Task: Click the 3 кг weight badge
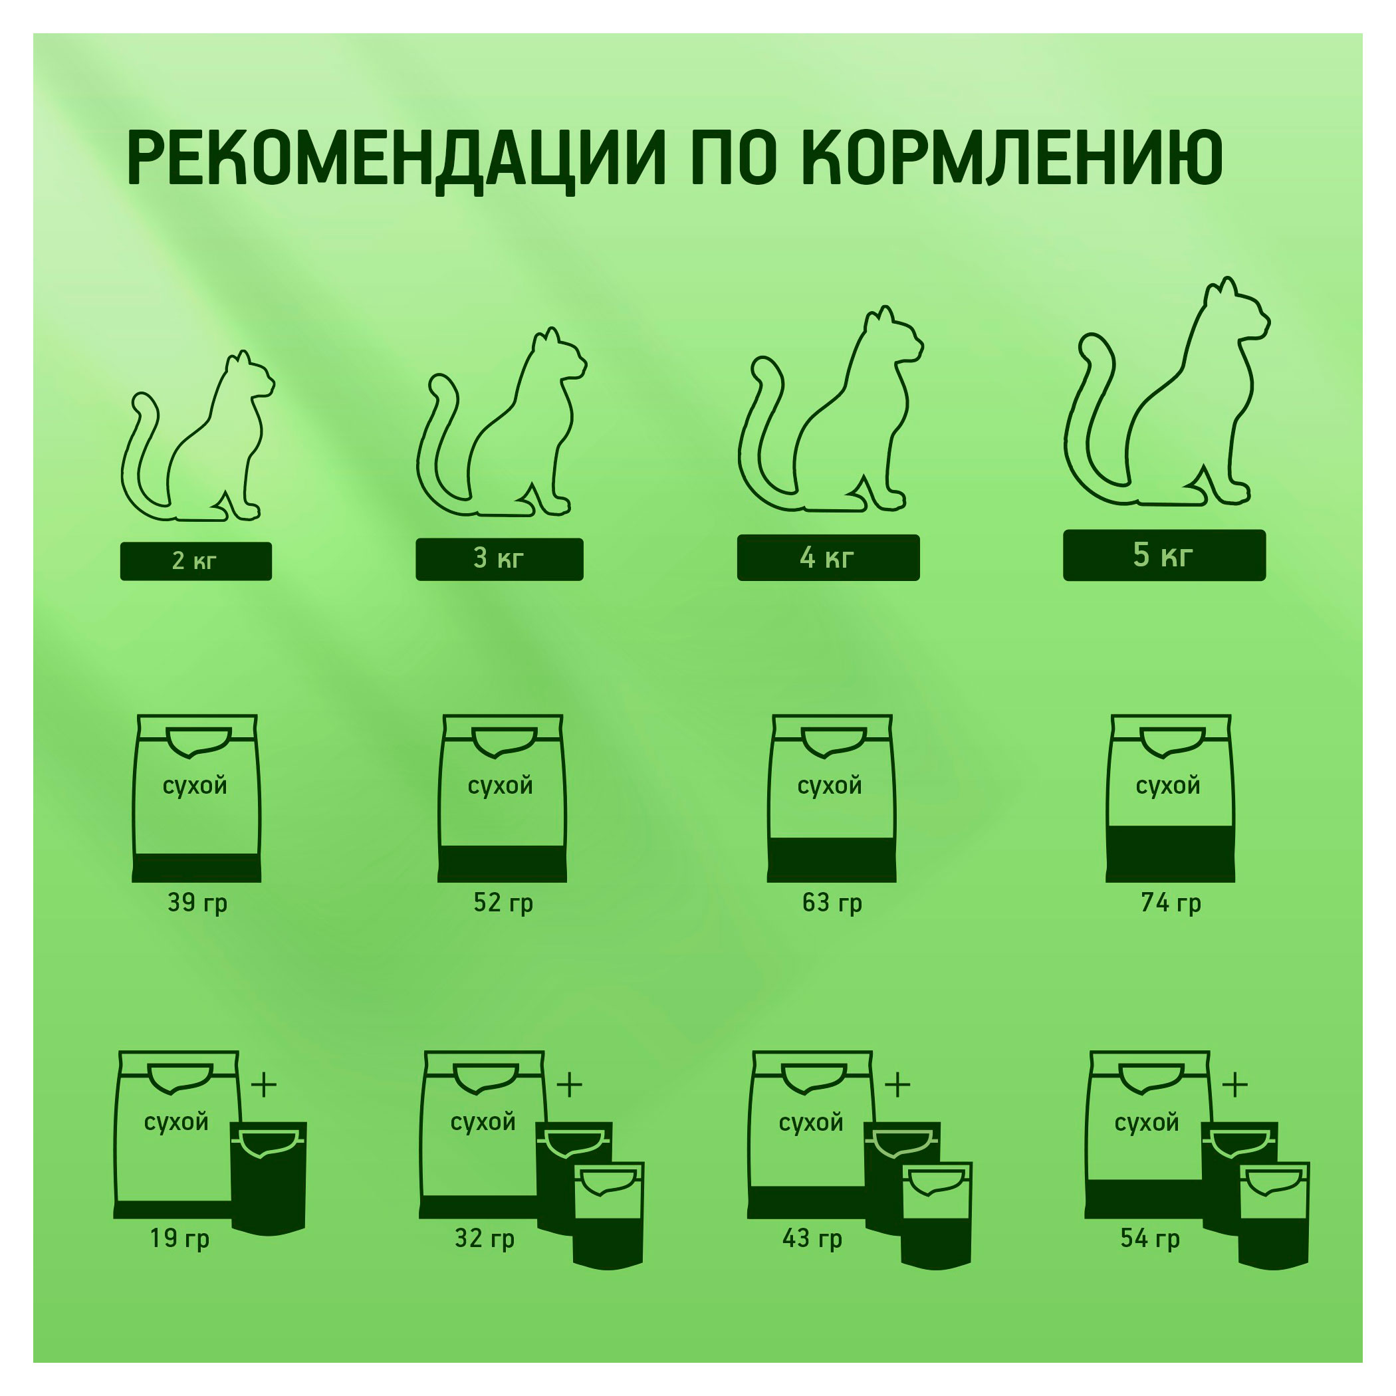click(x=499, y=558)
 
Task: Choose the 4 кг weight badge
click(x=828, y=557)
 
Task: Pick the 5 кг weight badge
click(x=1164, y=555)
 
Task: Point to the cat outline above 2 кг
click(x=197, y=441)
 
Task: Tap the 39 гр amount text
click(x=197, y=903)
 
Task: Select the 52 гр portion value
click(x=503, y=903)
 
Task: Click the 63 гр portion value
click(x=832, y=903)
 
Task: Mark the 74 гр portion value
click(x=1171, y=903)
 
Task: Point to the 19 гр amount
click(x=179, y=1238)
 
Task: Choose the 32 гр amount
click(x=484, y=1238)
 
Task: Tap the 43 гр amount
click(x=812, y=1238)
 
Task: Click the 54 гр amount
click(x=1149, y=1238)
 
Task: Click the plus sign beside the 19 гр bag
click(x=264, y=1086)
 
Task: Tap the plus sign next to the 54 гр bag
click(x=1235, y=1086)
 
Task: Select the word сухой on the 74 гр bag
click(x=1168, y=786)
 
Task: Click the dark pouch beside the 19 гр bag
click(x=269, y=1178)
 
